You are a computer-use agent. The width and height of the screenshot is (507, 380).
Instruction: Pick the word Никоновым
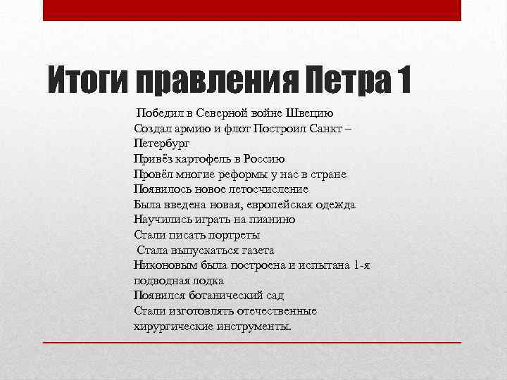point(163,265)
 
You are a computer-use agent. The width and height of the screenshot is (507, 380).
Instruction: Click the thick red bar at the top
point(252,10)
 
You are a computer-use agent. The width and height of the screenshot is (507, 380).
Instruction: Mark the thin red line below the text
point(252,342)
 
